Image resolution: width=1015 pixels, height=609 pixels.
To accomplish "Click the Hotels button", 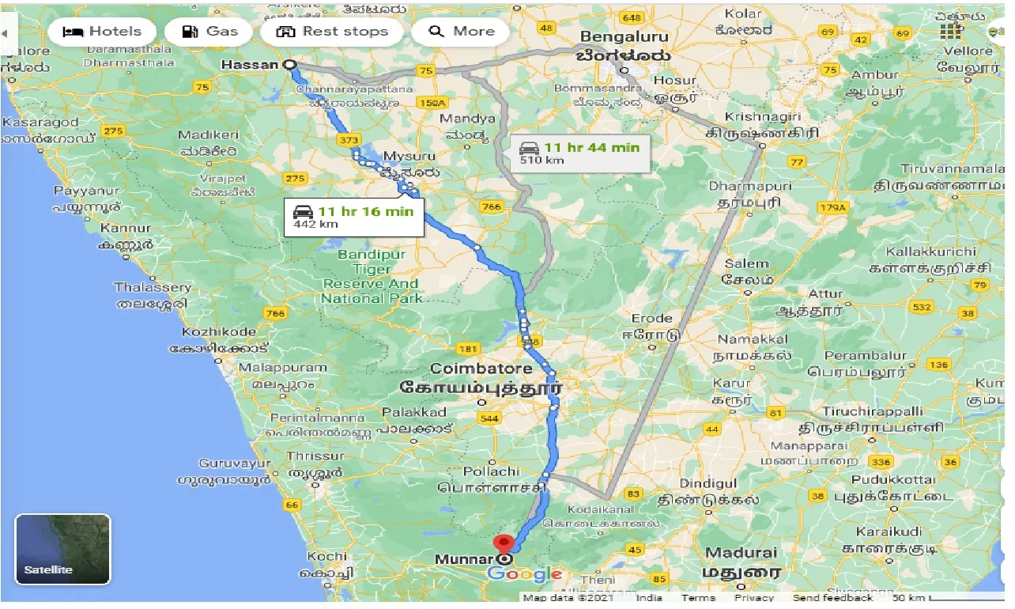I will click(x=101, y=32).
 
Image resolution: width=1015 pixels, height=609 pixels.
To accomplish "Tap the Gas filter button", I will click(x=209, y=32).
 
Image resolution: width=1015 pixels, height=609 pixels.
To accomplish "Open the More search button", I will click(x=462, y=32).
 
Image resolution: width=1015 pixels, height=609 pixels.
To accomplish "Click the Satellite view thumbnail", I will click(x=63, y=549).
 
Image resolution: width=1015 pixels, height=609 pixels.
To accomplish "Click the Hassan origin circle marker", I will click(x=289, y=66).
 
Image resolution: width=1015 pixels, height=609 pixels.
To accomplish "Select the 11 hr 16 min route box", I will click(x=354, y=216).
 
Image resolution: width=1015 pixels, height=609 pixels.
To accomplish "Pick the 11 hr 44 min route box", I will click(x=580, y=152).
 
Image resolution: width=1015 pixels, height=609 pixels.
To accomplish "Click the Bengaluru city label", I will click(x=624, y=37).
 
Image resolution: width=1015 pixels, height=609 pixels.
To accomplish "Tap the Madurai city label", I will click(x=741, y=553).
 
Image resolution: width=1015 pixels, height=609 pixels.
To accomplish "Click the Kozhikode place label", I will click(x=219, y=332).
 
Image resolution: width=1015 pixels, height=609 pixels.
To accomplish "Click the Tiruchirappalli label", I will click(x=872, y=412).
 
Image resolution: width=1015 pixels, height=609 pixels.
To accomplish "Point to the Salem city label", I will click(x=746, y=264).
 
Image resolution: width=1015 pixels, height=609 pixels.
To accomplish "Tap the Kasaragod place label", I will click(x=41, y=123).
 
